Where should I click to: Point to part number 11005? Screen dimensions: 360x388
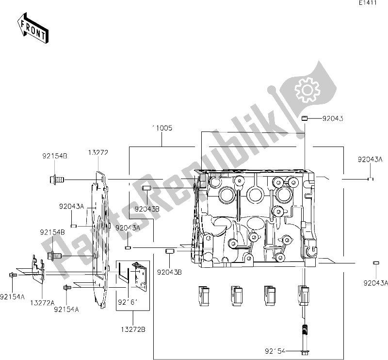[162, 128]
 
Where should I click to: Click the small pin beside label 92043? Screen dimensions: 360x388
[305, 118]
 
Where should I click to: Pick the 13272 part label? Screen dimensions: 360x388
[98, 152]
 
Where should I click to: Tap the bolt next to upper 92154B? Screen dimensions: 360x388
[56, 180]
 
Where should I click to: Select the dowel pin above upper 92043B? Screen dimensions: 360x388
[147, 188]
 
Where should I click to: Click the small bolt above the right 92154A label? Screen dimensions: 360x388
[67, 288]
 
